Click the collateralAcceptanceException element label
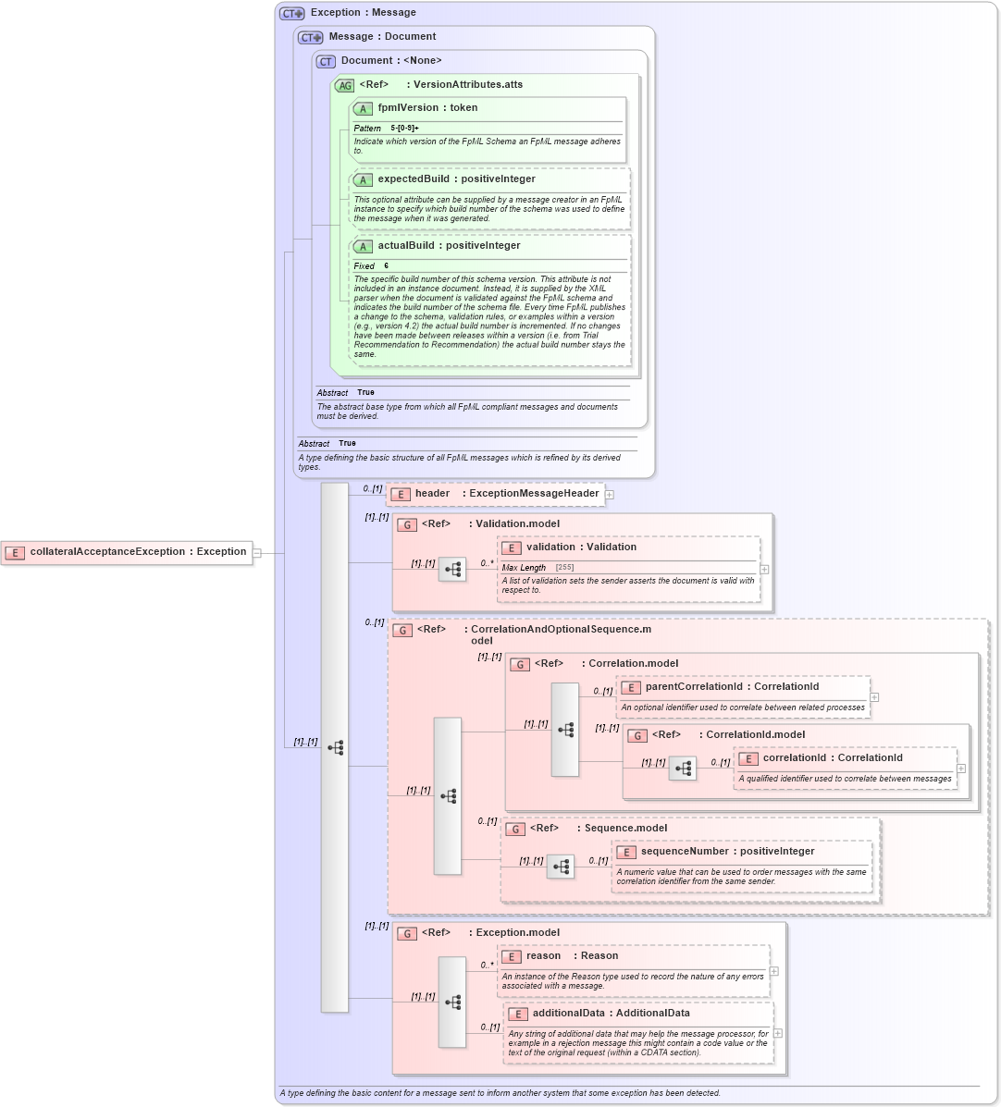click(x=138, y=552)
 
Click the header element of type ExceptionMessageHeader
click(x=506, y=494)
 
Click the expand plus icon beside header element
click(x=610, y=495)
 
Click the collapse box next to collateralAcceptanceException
click(x=257, y=553)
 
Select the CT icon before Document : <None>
click(x=326, y=62)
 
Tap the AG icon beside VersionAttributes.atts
click(x=344, y=85)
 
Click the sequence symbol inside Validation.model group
click(x=452, y=570)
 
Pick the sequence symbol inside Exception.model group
click(x=452, y=1002)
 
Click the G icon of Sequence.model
click(x=515, y=829)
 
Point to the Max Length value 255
click(x=564, y=568)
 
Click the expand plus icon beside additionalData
click(x=778, y=1033)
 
